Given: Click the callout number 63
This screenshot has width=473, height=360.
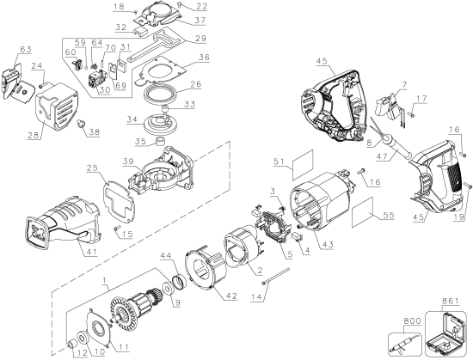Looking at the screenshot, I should coord(25,50).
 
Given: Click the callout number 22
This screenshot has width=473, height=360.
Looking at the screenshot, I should coord(200,5).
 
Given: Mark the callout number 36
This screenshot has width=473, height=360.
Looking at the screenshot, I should coord(203,58).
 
